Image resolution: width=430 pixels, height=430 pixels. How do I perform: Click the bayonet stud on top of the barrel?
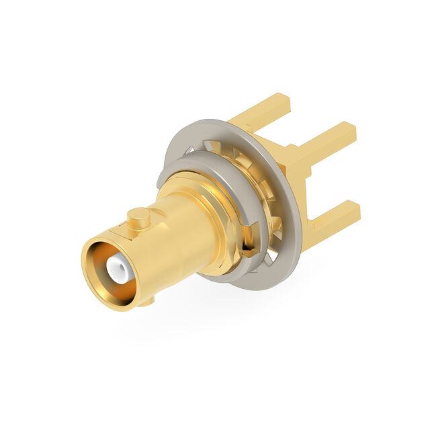138,216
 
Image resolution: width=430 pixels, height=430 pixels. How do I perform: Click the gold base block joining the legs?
296,168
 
